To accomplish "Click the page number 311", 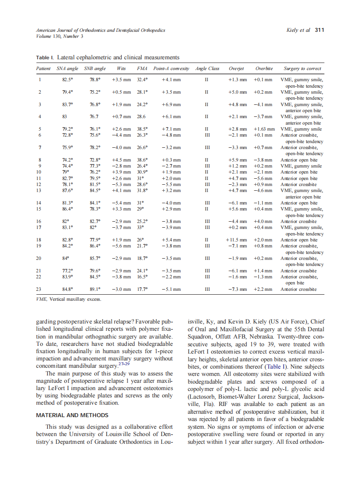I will [x=319, y=30].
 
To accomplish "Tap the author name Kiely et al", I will [x=298, y=30].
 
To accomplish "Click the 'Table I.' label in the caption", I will [x=45, y=57].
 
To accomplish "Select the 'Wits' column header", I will [x=121, y=68].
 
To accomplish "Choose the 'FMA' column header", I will [x=142, y=68].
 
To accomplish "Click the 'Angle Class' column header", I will [x=207, y=68].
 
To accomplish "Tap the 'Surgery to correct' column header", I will [x=302, y=68].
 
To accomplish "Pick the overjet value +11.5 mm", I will [x=236, y=240].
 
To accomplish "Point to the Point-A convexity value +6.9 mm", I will [x=171, y=104].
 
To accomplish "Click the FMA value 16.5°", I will [x=142, y=277].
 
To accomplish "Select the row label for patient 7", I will [x=40, y=147].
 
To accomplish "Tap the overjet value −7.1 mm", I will [x=238, y=246].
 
